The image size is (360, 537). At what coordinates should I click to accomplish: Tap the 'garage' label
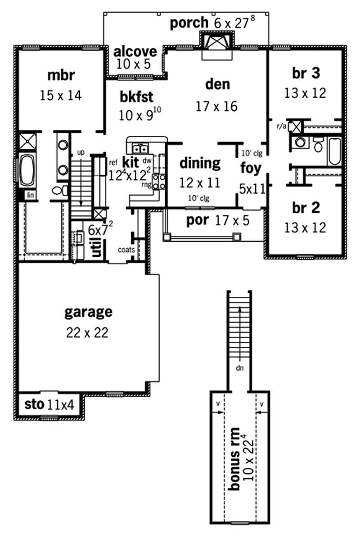click(x=88, y=311)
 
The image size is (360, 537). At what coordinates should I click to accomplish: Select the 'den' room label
click(x=217, y=84)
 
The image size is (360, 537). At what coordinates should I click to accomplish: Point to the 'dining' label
click(x=200, y=163)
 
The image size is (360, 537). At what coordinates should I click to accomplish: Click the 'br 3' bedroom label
click(x=305, y=72)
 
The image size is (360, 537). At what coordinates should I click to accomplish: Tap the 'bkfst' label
click(x=137, y=96)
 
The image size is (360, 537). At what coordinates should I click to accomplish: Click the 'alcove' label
click(x=135, y=51)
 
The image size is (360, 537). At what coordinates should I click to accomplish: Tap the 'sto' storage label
click(x=33, y=405)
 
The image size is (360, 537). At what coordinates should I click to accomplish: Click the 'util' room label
click(x=96, y=246)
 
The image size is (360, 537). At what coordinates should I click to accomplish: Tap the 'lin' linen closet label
click(x=31, y=195)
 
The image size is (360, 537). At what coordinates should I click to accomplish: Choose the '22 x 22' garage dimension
click(x=88, y=332)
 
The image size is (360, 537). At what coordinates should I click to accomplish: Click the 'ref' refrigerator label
click(x=113, y=158)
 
